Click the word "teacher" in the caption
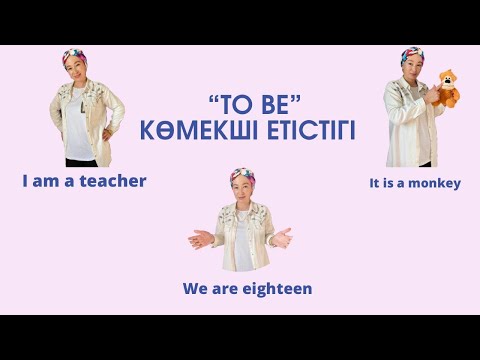112,181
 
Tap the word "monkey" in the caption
436,183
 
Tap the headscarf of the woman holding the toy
411,56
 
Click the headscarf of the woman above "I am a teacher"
73,57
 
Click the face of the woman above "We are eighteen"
240,190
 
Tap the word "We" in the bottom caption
194,288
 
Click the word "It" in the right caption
375,183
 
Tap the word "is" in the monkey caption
390,183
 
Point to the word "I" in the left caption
25,181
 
